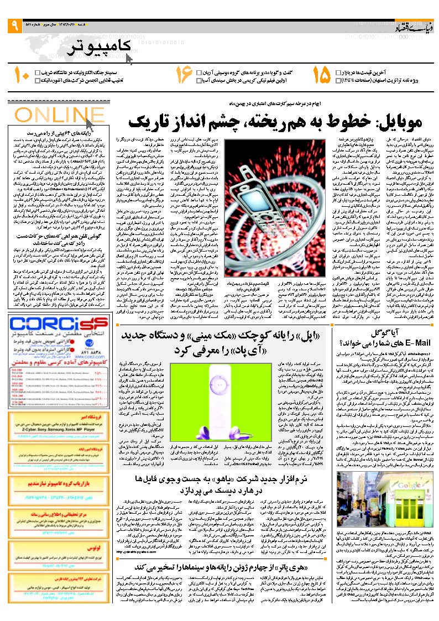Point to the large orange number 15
coord(320,76)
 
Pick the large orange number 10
coord(21,76)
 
